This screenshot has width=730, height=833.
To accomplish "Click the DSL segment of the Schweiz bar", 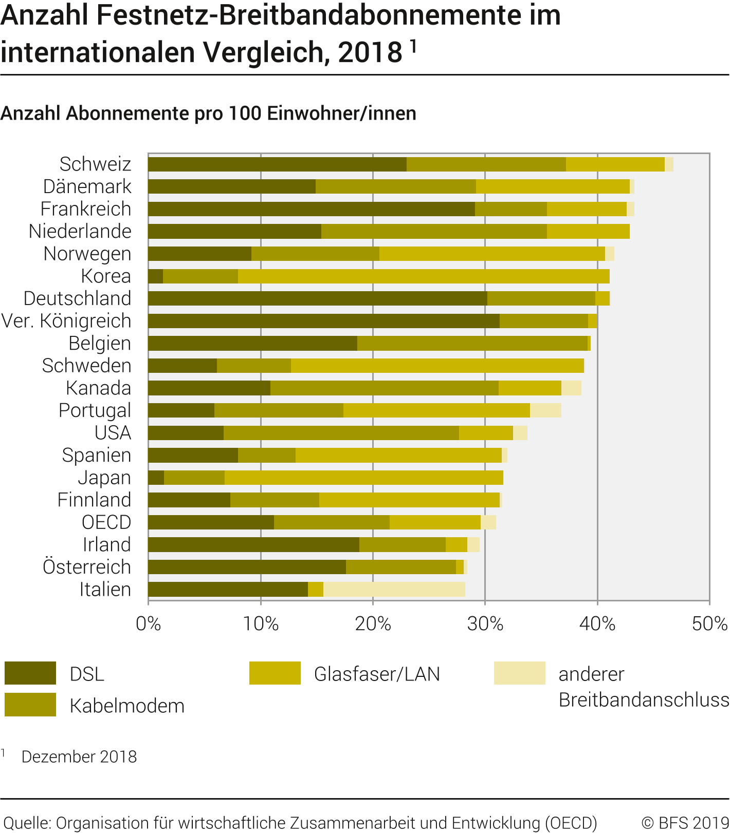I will pos(277,164).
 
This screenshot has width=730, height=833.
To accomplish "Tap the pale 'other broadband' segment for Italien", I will pos(394,590).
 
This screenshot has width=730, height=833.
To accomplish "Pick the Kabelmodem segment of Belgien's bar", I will pos(472,344).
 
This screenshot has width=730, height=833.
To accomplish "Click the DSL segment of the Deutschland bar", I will pos(317,298).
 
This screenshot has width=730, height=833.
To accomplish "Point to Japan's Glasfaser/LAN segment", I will pos(363,478).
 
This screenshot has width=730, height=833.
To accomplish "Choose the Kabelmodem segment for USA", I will pos(341,433).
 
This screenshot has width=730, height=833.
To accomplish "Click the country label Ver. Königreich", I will pos(66,321).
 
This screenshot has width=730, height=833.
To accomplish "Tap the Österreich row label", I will pos(87,567).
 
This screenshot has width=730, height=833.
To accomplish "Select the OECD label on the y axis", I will pos(106,522).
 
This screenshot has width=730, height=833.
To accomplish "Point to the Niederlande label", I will pos(80,232).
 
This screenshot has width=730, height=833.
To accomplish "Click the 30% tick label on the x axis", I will pos(485,623).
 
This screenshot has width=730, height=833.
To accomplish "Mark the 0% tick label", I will pos(148,623).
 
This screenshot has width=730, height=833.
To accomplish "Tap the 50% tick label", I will pos(709,623).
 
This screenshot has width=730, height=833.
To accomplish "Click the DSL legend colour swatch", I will pos(30,673).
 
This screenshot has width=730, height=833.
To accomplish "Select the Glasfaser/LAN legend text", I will pos(377,674).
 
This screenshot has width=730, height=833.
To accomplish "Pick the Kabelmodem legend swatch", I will pos(30,705).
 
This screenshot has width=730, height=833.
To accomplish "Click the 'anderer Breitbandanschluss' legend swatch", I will pos(519,673).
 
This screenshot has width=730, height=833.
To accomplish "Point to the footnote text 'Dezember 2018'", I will pos(79,756).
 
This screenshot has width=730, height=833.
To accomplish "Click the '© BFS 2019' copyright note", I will pos(685,822).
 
